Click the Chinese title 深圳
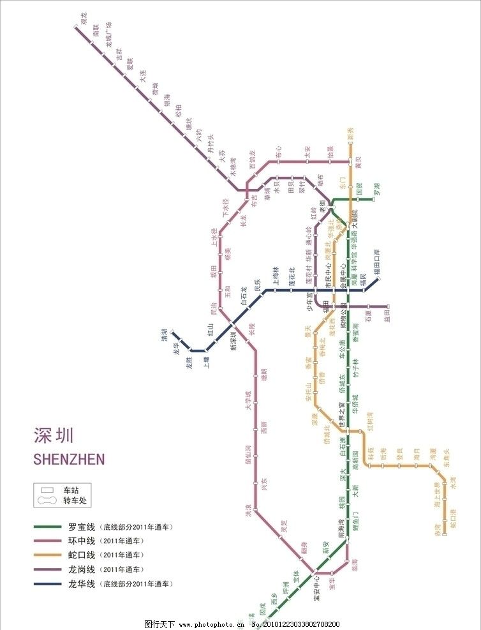54,435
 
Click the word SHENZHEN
68,459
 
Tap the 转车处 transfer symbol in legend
47,501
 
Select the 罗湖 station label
377,189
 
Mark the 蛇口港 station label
453,518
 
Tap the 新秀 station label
350,133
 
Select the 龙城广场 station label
109,35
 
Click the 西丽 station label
263,428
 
